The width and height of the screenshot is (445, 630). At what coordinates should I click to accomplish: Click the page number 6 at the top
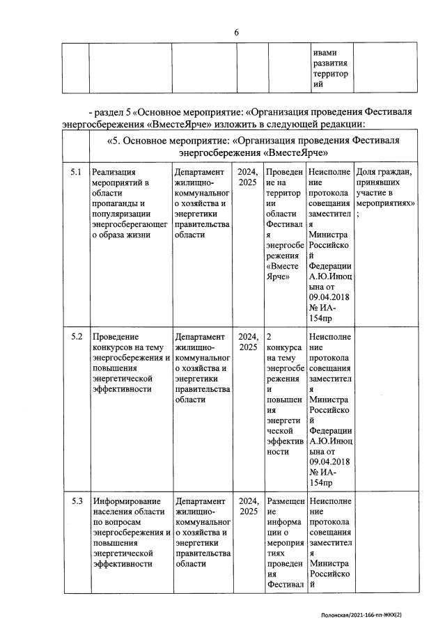click(236, 32)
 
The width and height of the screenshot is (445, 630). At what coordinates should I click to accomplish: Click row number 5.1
click(77, 172)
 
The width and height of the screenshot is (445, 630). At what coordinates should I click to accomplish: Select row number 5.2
click(77, 337)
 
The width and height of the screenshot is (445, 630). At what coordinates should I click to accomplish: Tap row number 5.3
click(77, 501)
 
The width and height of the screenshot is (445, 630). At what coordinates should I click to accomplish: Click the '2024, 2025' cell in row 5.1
click(248, 177)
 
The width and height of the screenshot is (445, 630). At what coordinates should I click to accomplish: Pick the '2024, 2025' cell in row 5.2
click(248, 342)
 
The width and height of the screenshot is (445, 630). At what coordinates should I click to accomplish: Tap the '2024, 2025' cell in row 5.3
click(248, 506)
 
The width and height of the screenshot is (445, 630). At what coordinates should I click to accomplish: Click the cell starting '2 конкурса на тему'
click(285, 393)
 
